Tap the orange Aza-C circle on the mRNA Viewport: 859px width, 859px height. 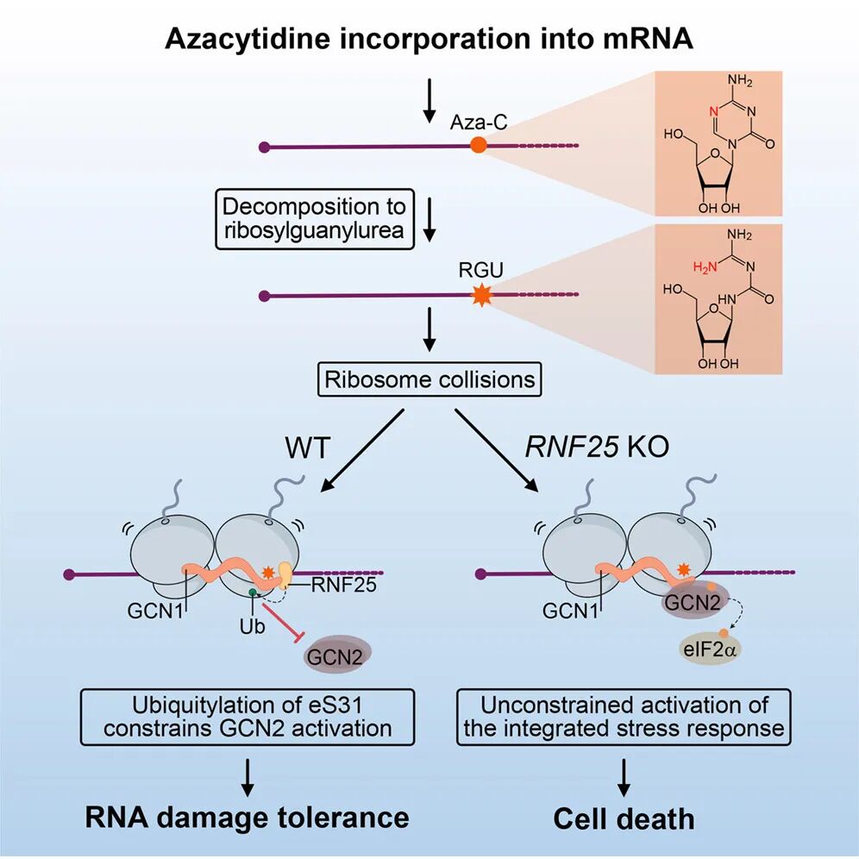tap(480, 147)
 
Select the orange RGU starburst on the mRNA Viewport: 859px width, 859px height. tap(480, 297)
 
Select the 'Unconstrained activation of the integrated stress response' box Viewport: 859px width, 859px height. tap(624, 716)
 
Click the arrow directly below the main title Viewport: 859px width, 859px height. tap(429, 102)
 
